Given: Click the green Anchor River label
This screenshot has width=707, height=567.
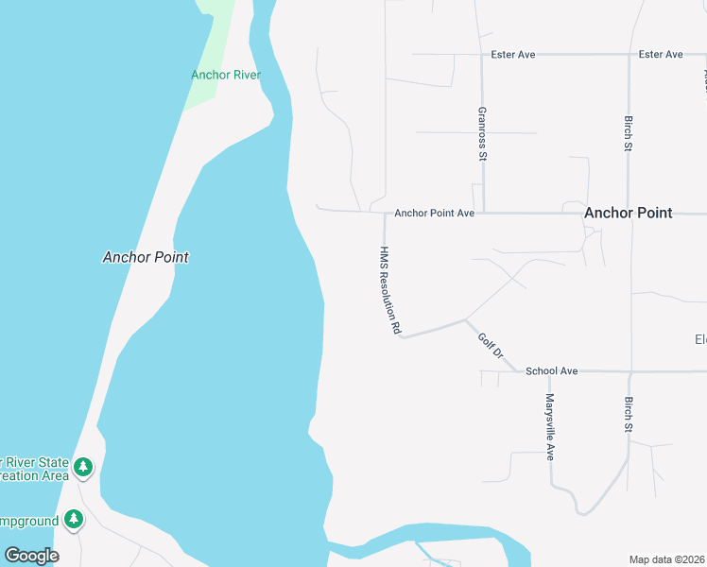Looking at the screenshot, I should coord(226,75).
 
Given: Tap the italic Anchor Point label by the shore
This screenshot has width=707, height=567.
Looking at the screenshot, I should coord(146,257).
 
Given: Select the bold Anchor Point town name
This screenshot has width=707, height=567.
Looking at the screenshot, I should coord(628,213).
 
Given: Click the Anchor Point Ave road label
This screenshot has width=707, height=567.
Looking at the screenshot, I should coord(434,214).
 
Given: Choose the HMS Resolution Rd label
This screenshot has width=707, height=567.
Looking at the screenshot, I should coord(390,291).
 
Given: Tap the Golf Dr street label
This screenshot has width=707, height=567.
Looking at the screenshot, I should coord(491,352).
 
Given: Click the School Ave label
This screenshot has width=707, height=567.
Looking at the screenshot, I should coord(551,371).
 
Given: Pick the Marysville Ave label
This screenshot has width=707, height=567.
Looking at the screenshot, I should coord(549,426).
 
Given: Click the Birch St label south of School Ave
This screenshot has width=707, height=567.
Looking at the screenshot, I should coord(629,415).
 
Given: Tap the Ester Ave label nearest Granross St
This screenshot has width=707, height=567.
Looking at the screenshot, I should coord(513,55).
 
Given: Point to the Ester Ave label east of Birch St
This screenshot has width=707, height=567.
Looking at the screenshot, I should coord(661,55).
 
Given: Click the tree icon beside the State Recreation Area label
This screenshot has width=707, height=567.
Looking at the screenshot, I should coord(83,466).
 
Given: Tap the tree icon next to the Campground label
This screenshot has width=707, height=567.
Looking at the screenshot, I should coord(74,520).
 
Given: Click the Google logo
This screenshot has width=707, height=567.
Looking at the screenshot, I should coord(31,556).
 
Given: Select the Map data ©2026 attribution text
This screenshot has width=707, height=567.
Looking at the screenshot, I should coord(667,559).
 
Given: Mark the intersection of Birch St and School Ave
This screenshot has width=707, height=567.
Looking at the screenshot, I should coord(629,371).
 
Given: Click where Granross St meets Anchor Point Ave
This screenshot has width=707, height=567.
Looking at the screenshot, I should coord(483,213).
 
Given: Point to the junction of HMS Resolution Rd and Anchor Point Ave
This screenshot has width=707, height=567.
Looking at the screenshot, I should coord(385,212).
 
